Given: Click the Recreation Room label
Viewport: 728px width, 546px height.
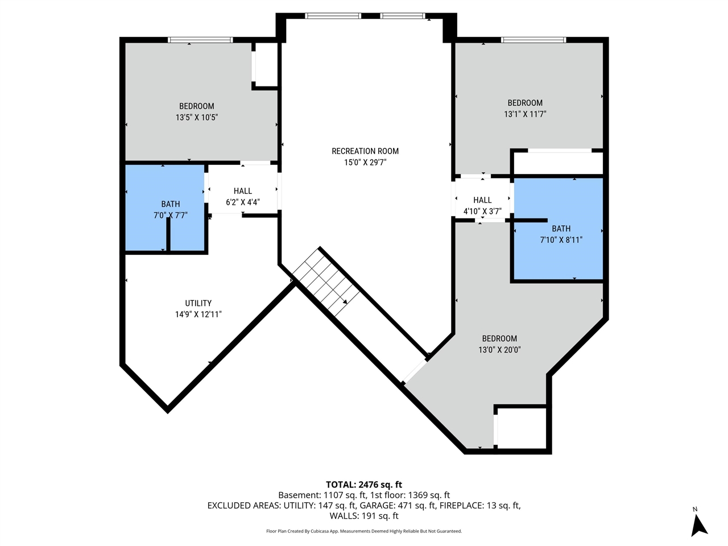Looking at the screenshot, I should tap(365, 151).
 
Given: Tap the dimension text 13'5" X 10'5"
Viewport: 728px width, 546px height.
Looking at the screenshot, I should tap(197, 117).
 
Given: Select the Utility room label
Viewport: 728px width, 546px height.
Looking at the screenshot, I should tap(198, 303).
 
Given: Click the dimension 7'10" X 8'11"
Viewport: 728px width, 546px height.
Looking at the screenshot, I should tap(561, 240).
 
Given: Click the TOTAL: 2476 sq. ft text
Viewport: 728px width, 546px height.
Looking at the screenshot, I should tap(364, 485).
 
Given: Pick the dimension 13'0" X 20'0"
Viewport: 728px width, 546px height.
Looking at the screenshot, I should tap(499, 350).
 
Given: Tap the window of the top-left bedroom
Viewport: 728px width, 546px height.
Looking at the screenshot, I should tap(200, 40).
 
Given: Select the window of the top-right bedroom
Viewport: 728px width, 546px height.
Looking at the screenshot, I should tap(533, 40).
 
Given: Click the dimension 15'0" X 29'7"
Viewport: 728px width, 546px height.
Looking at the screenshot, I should tap(365, 162).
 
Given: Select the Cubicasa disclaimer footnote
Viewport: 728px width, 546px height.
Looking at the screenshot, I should tap(364, 531).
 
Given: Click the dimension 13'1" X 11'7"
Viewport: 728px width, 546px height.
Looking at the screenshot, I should tap(525, 114).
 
